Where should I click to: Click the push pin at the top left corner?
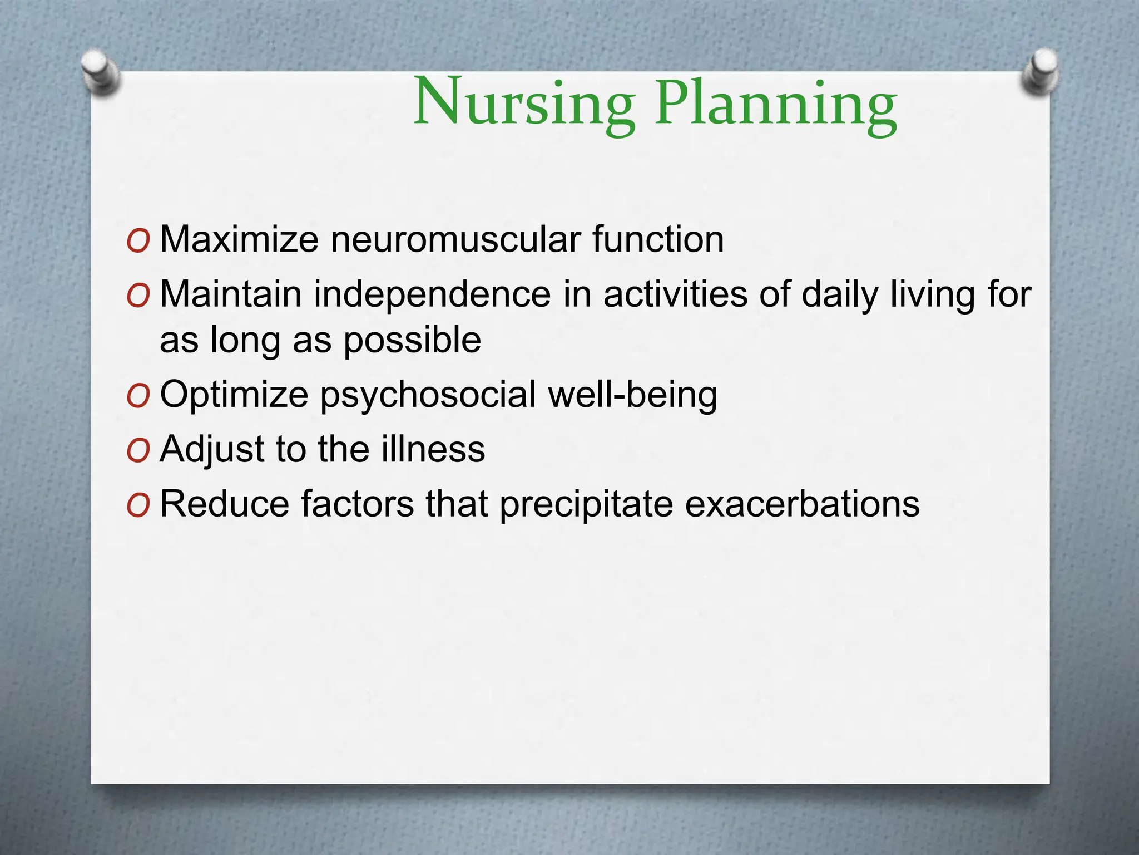(100, 72)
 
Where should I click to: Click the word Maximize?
(239, 239)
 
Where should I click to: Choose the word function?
(658, 239)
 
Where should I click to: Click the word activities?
(675, 294)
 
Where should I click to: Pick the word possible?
(412, 340)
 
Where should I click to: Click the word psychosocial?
(429, 395)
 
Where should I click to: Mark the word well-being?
(632, 395)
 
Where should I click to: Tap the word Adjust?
(212, 449)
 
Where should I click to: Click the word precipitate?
(586, 504)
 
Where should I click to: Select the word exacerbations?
(802, 504)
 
